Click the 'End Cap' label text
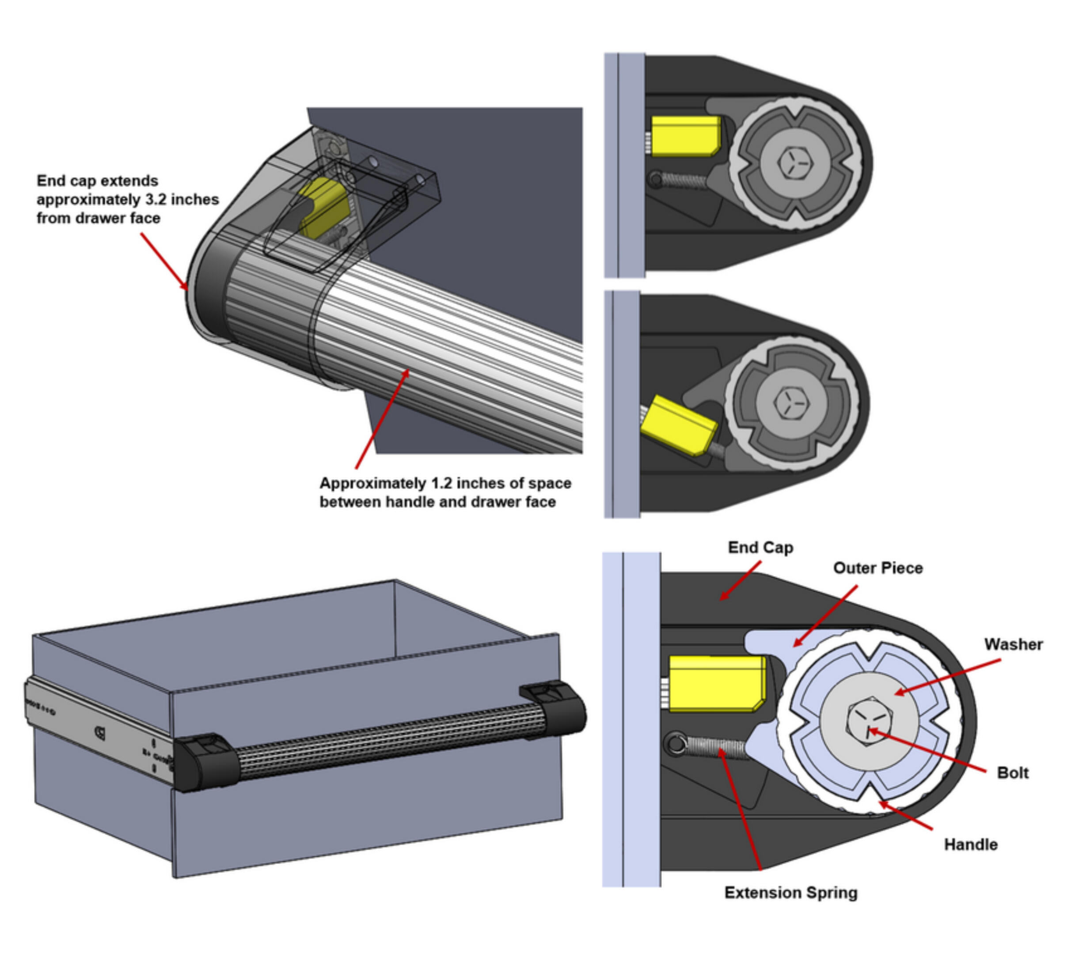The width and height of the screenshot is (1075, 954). [x=760, y=548]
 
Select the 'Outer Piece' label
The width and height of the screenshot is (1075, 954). [x=878, y=568]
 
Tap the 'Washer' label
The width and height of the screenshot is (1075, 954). [x=1013, y=644]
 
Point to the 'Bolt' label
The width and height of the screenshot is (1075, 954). [x=1012, y=772]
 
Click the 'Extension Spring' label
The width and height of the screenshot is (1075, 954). [x=790, y=893]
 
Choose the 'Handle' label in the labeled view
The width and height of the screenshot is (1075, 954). [x=970, y=844]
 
